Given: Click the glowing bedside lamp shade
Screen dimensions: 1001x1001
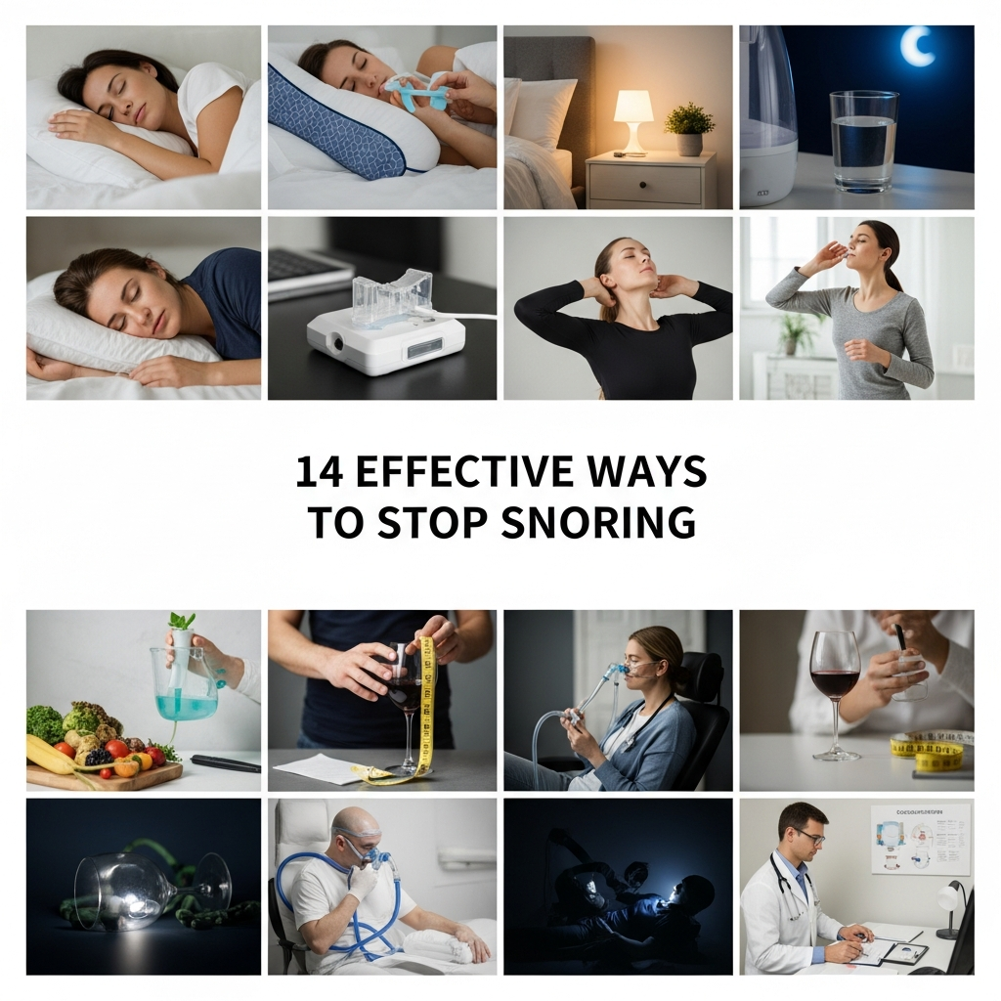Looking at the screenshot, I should click(x=633, y=107).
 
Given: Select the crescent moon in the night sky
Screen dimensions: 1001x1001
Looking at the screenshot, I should click(x=917, y=47).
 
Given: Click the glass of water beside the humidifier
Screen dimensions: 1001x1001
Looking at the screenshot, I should click(x=863, y=141).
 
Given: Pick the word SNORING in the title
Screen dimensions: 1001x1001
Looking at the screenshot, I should click(x=598, y=522).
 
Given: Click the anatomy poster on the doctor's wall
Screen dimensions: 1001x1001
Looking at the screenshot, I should click(x=920, y=838).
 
